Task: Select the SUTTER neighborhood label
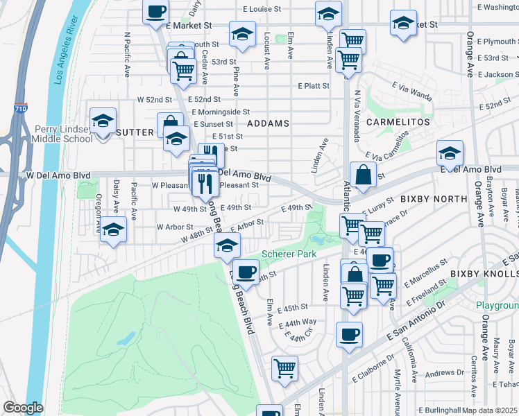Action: click(x=135, y=132)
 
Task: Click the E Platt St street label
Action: click(x=313, y=86)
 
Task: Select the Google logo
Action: click(x=24, y=408)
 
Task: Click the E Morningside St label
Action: click(x=221, y=111)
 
